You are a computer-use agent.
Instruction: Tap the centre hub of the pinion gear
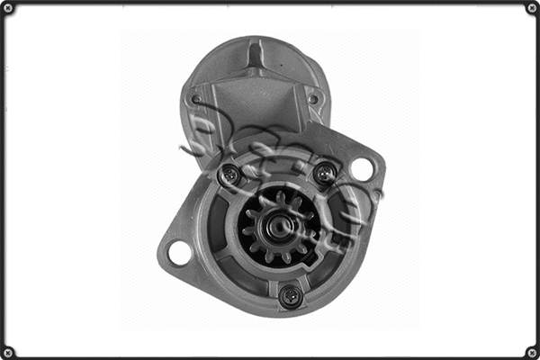(x=278, y=226)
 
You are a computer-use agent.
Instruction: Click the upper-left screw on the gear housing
(x=231, y=174)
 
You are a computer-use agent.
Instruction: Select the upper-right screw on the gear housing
(x=326, y=171)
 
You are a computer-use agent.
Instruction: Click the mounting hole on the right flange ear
(x=362, y=168)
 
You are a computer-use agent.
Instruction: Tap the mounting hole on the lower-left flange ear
(x=179, y=253)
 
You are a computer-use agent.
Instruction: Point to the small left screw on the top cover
(x=196, y=99)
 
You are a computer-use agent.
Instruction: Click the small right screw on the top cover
(x=312, y=99)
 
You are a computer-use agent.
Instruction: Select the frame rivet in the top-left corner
(x=7, y=8)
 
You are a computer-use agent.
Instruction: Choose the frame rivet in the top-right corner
(x=532, y=8)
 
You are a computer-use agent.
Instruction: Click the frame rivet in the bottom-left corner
(x=7, y=352)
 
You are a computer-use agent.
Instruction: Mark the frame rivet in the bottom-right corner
(x=532, y=352)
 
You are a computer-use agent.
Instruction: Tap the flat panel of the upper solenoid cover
(x=255, y=108)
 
